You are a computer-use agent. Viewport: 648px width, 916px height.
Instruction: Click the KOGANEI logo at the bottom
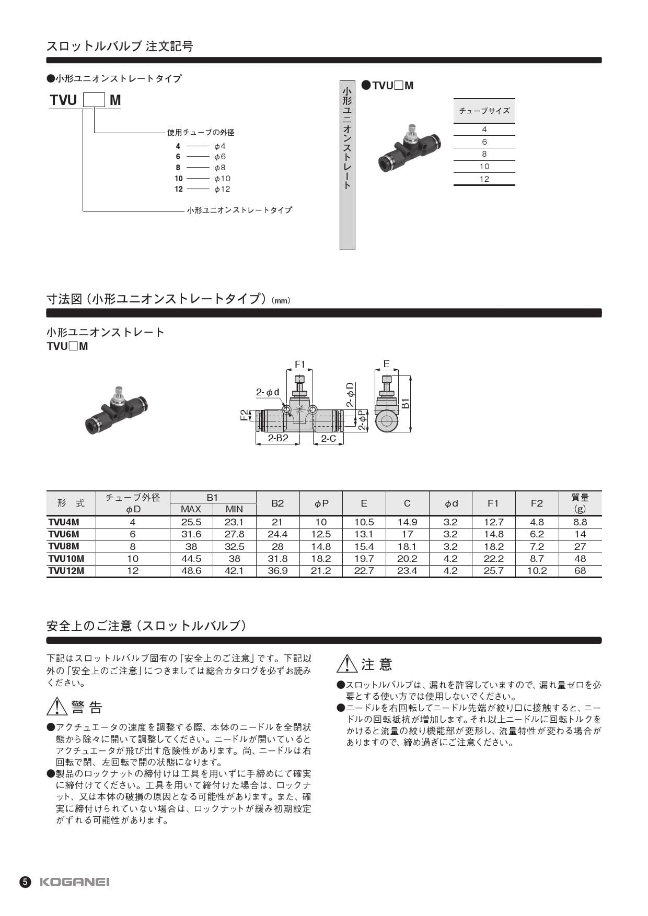pos(75,882)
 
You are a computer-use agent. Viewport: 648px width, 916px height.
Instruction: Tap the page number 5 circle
pos(26,882)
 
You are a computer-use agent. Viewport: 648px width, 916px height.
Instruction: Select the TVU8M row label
pos(64,546)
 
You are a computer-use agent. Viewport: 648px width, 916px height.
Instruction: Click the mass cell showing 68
pos(580,571)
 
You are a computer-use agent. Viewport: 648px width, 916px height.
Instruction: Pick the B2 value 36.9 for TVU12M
pos(277,571)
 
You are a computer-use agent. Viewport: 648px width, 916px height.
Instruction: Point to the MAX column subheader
pos(191,509)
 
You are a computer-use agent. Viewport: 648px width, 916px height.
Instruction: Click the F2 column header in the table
pos(537,503)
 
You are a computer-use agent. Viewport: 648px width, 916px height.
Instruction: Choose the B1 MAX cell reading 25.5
pos(191,522)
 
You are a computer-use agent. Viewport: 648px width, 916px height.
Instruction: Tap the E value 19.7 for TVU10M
pos(364,559)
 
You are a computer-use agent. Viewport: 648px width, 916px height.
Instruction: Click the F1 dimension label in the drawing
pos(299,364)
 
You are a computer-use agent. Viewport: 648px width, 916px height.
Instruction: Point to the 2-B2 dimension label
pos(278,438)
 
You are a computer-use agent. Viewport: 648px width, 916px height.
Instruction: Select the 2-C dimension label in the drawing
pos(328,439)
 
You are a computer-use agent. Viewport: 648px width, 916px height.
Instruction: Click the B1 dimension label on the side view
pos(406,403)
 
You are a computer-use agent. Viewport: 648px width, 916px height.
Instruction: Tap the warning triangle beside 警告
pos(57,707)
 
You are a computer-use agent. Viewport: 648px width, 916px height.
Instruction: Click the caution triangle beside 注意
pos(347,664)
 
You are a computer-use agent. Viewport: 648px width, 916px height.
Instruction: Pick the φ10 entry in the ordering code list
pos(222,179)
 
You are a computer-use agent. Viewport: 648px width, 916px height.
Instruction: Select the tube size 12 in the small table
pos(484,179)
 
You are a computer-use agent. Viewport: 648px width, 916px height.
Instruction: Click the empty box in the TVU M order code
pos(95,100)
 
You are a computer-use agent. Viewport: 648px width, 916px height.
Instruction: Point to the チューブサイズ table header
pos(484,111)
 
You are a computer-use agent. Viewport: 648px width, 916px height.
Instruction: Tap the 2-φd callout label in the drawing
pos(268,392)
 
